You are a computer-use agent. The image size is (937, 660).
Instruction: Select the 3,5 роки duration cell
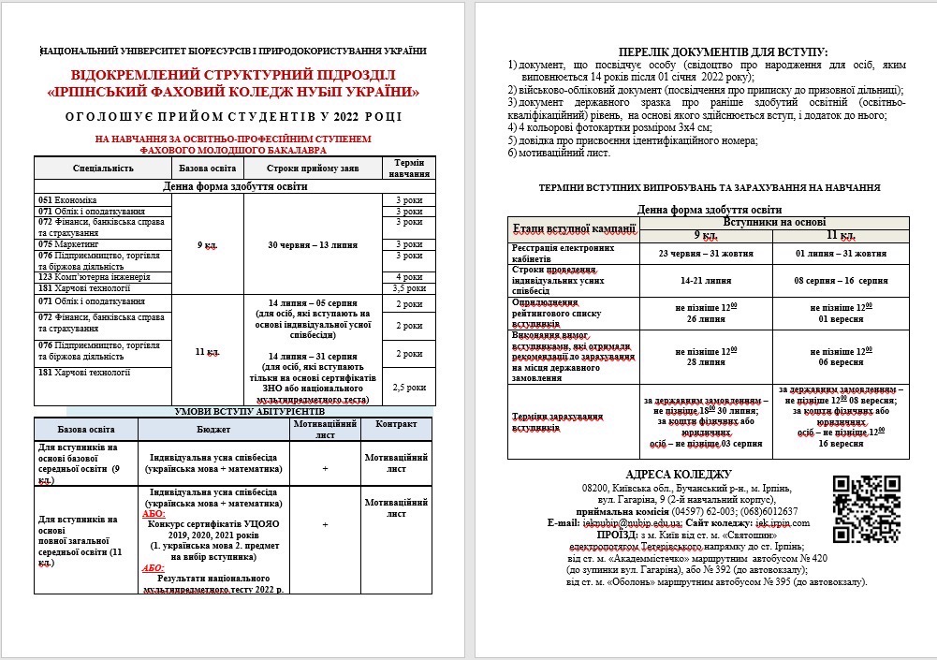coord(409,288)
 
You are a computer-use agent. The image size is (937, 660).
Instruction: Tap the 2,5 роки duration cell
coord(409,386)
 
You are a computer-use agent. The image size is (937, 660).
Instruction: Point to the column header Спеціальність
coord(103,168)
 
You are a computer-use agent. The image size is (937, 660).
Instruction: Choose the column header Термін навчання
coord(409,168)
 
